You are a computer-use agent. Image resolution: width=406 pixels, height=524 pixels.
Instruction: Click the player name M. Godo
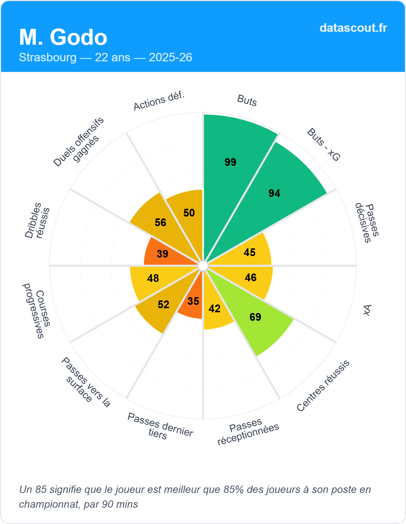[63, 37]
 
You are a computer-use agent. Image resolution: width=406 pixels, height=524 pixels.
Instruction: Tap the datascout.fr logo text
[353, 28]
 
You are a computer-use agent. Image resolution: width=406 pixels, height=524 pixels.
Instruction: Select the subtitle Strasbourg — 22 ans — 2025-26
[105, 57]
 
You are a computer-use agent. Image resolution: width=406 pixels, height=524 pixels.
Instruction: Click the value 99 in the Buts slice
[230, 162]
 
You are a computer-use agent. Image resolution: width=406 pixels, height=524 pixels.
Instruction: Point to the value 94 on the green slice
[274, 193]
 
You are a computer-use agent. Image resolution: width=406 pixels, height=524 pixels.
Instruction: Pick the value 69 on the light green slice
[255, 317]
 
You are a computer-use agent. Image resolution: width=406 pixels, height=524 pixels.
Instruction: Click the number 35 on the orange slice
[193, 301]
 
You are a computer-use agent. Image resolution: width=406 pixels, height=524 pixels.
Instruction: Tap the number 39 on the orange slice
[162, 254]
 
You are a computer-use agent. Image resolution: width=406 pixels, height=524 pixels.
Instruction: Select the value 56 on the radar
[160, 222]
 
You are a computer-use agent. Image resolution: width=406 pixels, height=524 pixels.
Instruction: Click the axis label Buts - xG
[324, 144]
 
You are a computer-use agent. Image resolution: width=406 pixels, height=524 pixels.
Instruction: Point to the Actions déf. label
[159, 101]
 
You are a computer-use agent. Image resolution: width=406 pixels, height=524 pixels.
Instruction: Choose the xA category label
[367, 310]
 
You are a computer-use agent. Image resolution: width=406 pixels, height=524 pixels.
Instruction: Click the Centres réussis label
[323, 386]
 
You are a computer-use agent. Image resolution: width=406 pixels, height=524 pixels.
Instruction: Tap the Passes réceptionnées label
[248, 432]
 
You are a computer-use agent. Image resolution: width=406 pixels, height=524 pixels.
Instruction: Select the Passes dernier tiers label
[159, 427]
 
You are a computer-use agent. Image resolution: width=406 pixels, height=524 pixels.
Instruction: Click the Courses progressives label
[37, 310]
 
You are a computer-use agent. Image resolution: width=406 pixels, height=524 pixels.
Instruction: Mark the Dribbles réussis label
[37, 220]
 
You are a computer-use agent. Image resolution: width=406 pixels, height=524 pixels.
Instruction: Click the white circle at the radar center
[203, 266]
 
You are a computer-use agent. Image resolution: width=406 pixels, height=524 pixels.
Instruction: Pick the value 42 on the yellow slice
[214, 309]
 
